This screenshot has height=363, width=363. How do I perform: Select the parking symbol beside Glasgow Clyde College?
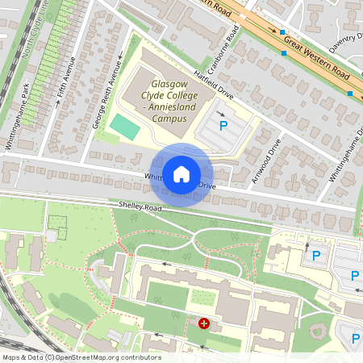pos(223,126)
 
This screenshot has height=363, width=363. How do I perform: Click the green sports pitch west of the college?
pos(124,126)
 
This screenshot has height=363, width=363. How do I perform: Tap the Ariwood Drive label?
pos(266,162)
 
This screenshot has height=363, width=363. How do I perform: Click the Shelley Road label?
pos(140,207)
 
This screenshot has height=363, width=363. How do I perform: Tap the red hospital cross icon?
pos(204,323)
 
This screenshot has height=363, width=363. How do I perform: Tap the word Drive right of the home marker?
pos(207,186)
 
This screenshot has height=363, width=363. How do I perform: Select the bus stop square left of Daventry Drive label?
pos(284,53)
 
